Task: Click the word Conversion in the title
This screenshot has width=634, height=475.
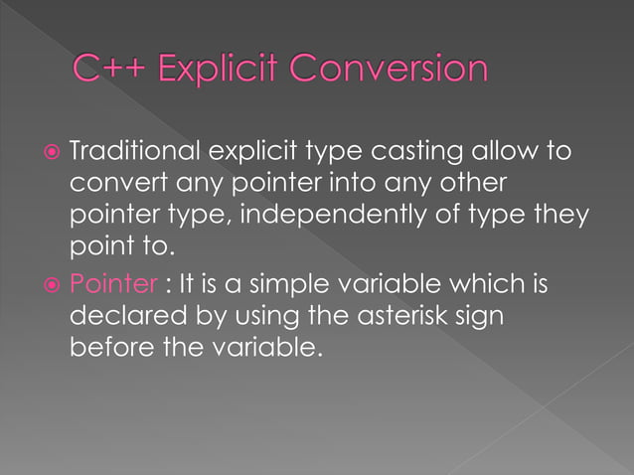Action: click(x=394, y=69)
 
